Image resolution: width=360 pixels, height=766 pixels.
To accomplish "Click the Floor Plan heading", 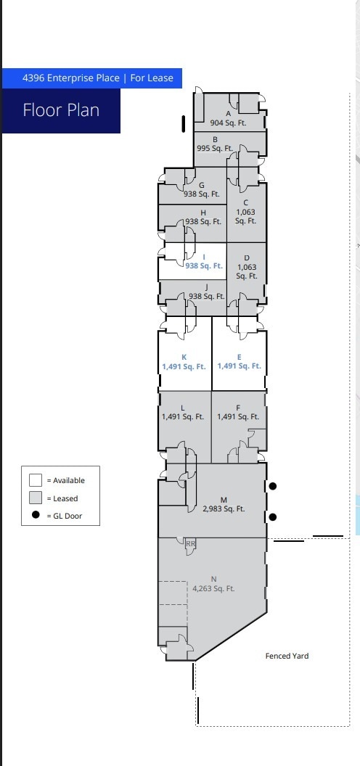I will [x=61, y=110].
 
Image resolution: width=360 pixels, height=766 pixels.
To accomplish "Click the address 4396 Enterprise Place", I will [x=70, y=78].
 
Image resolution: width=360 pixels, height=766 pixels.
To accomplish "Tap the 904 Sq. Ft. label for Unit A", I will [x=228, y=123].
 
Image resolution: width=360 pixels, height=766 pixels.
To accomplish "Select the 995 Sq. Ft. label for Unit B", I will [x=215, y=148].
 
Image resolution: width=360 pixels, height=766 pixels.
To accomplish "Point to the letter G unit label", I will [x=202, y=185].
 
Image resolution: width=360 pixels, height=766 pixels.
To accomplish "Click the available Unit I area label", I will [x=203, y=266].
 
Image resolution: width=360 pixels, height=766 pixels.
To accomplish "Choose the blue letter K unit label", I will [x=184, y=357].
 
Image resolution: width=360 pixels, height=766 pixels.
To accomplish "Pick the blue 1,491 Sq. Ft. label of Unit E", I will [x=239, y=366].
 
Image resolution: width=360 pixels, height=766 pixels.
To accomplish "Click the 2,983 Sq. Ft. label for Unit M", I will [x=224, y=509].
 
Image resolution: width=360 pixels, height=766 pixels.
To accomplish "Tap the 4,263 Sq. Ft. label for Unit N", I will [x=213, y=588].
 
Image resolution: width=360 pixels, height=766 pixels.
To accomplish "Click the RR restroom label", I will [x=191, y=543].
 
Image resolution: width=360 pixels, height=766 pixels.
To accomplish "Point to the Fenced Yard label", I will [x=287, y=656].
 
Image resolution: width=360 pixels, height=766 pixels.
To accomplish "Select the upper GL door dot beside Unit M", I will [x=273, y=487].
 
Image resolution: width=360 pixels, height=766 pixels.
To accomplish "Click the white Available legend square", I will [x=36, y=480].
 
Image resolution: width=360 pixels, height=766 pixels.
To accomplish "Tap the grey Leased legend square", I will [x=36, y=498].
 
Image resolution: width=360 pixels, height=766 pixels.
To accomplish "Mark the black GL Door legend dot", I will [x=36, y=516].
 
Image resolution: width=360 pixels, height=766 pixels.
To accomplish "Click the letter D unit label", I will [x=247, y=258].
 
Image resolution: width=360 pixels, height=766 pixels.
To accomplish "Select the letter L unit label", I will [x=183, y=408].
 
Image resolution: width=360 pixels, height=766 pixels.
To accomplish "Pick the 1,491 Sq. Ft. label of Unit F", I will [x=238, y=417].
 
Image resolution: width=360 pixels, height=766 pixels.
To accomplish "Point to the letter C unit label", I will [x=246, y=203].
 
